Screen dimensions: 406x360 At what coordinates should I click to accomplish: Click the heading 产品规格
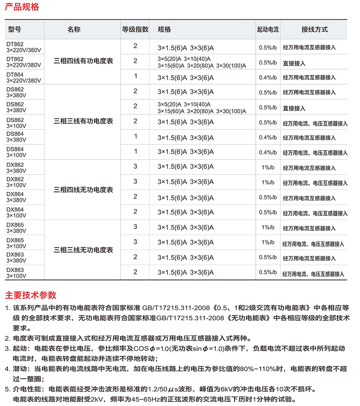[x=22, y=7]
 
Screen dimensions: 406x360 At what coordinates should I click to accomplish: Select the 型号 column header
[x=14, y=30]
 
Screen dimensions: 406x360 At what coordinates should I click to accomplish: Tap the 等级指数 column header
[x=135, y=30]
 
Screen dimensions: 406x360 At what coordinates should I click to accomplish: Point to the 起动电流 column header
[x=267, y=30]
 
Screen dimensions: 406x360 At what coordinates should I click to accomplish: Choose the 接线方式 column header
[x=314, y=30]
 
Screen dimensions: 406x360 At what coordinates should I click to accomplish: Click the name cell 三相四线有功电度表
[x=84, y=61]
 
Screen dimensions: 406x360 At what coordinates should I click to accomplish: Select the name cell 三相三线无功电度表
[x=84, y=250]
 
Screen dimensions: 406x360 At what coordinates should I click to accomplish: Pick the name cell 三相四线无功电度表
[x=84, y=190]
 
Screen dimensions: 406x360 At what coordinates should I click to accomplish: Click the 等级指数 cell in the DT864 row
[x=135, y=76]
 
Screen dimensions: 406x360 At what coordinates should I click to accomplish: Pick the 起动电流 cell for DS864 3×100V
[x=268, y=153]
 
